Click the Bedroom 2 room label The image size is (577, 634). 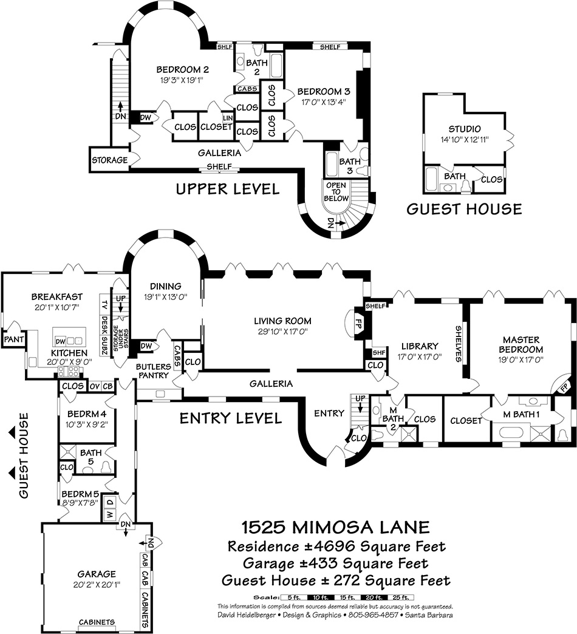(174, 69)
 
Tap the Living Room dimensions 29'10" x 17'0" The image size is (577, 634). (283, 332)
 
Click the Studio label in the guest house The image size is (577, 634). (465, 129)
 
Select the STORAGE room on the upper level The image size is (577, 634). (109, 160)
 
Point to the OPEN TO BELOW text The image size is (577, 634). (336, 193)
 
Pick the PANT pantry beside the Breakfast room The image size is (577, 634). (12, 338)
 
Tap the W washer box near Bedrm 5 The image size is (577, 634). (110, 514)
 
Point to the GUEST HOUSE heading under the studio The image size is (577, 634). (464, 210)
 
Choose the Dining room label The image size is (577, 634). (166, 287)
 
